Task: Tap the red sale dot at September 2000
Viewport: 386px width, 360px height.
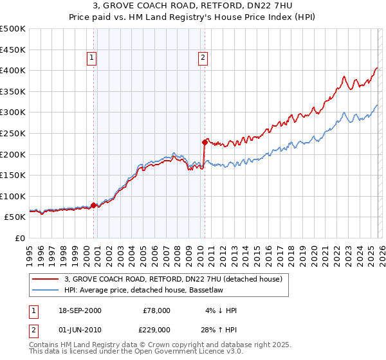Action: [94, 205]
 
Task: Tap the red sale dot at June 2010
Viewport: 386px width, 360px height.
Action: [205, 141]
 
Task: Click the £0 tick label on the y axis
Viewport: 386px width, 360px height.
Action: [20, 238]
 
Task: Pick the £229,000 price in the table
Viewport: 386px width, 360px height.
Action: [156, 329]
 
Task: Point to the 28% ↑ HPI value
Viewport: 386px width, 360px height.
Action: [218, 329]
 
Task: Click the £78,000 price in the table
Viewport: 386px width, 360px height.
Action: [156, 310]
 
